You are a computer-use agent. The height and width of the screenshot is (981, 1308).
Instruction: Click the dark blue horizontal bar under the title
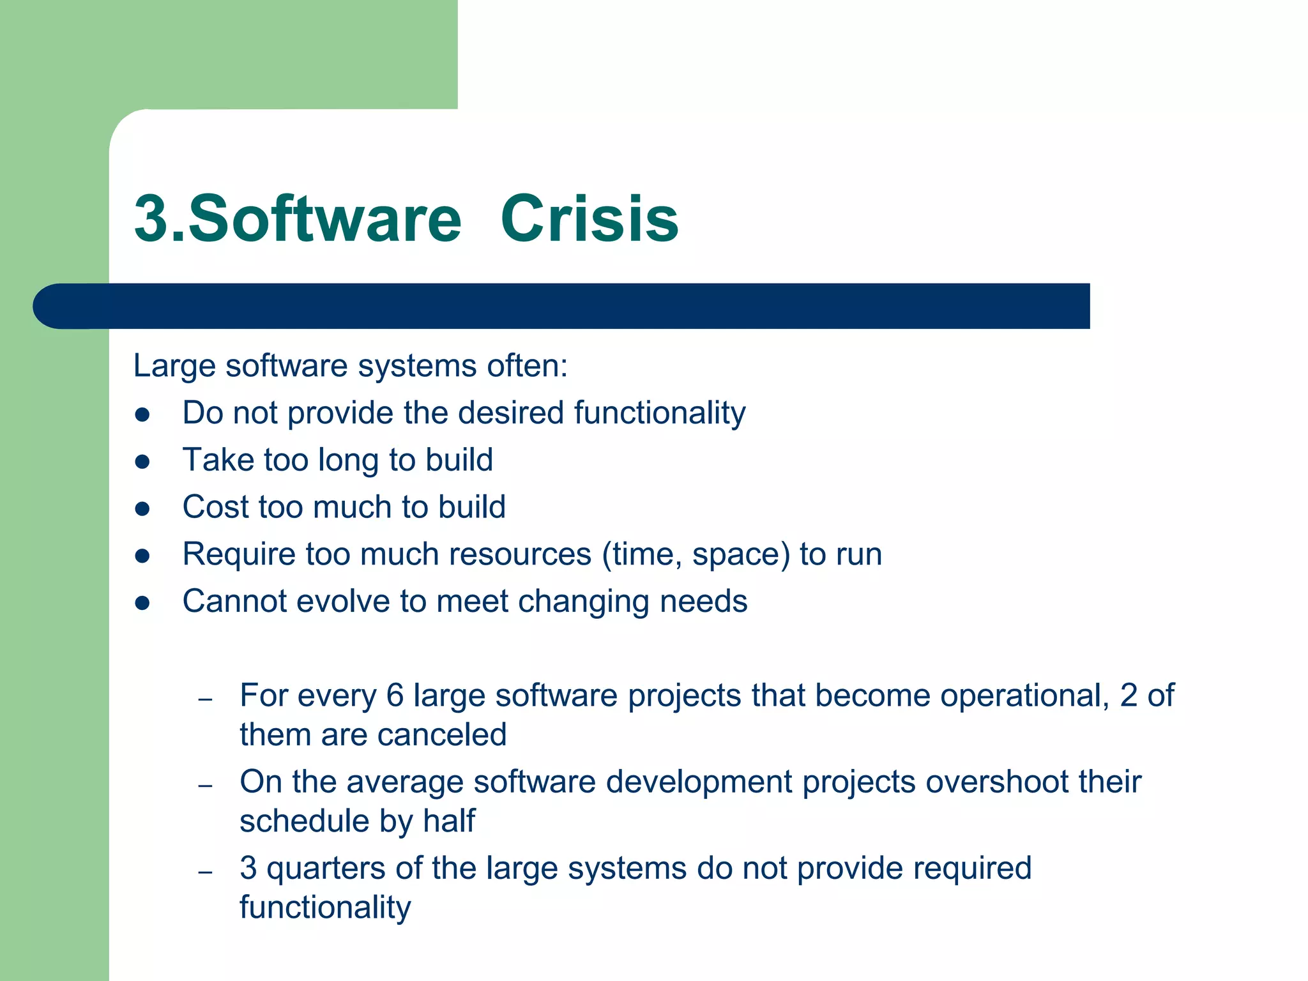click(x=562, y=306)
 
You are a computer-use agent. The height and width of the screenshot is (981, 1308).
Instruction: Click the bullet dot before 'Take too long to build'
click(x=142, y=461)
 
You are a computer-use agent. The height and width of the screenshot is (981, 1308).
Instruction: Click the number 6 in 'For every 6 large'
click(x=395, y=696)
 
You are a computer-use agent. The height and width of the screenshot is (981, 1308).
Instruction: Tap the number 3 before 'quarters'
click(x=248, y=869)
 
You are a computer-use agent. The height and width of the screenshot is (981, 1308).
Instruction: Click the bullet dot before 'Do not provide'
click(x=142, y=414)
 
